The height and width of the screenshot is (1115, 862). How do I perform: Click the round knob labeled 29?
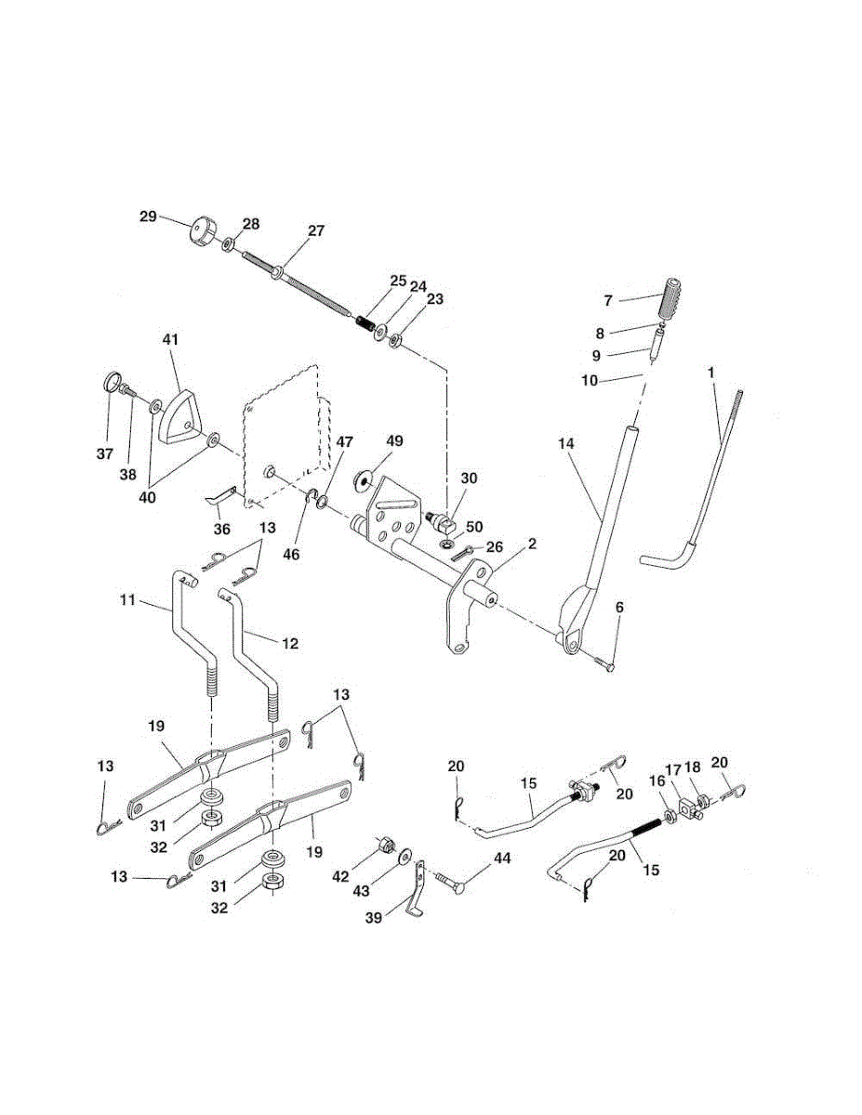tap(202, 230)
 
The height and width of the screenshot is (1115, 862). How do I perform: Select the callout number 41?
tap(169, 340)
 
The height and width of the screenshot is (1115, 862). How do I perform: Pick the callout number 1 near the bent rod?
tap(711, 371)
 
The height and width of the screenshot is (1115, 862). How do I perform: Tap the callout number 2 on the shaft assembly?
tap(532, 543)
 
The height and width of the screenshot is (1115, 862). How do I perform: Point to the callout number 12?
tap(289, 643)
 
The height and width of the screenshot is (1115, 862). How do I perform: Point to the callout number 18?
tap(692, 767)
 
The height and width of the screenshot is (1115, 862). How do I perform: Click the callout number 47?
tap(344, 442)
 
